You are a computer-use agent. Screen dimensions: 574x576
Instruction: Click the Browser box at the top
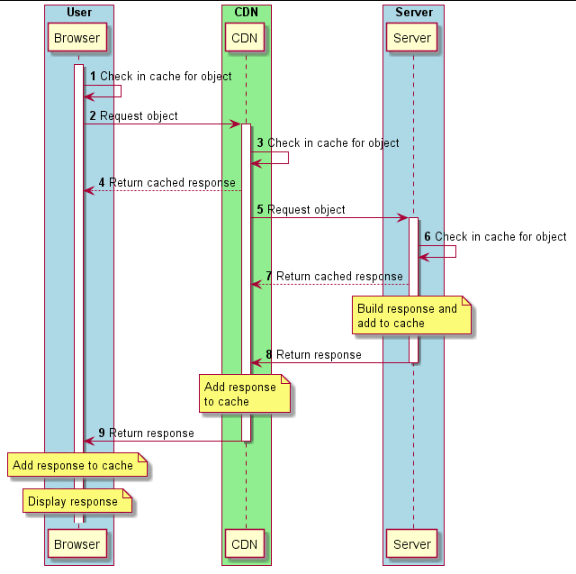[77, 38]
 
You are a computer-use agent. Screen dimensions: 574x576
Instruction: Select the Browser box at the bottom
[77, 544]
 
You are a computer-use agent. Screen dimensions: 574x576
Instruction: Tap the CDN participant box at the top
[245, 38]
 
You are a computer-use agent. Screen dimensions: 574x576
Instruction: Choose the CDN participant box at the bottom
[245, 544]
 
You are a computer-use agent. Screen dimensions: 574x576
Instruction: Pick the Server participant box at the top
[412, 38]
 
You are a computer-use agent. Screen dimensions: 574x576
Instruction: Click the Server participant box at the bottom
[412, 544]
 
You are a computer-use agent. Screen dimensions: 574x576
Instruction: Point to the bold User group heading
[79, 12]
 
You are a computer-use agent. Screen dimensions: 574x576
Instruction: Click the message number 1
[93, 77]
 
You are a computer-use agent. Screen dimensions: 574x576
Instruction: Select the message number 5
[260, 210]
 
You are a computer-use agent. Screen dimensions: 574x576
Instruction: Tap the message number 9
[102, 433]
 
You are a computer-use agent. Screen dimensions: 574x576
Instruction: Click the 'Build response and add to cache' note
[411, 315]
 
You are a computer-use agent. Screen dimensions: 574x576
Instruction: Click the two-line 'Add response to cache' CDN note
[244, 394]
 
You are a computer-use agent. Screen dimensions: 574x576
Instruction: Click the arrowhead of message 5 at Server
[404, 218]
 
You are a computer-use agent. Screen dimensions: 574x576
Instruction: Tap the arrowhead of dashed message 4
[88, 191]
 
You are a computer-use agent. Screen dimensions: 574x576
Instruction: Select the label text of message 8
[319, 355]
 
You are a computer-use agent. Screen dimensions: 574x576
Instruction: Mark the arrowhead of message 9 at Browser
[88, 441]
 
